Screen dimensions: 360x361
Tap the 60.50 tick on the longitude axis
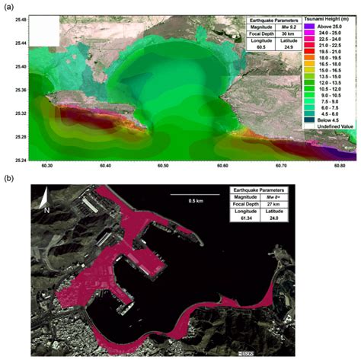point(163,165)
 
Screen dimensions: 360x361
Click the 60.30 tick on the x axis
point(47,165)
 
